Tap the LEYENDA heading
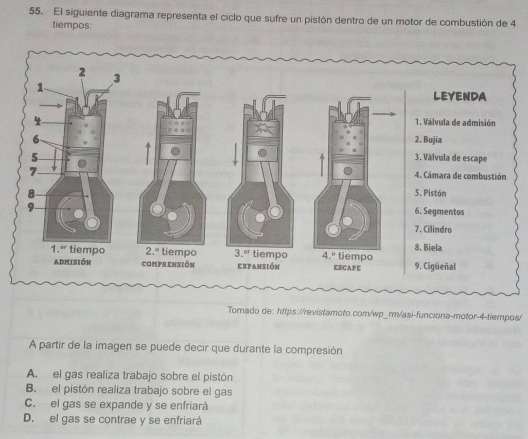[460, 97]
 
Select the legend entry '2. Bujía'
[428, 139]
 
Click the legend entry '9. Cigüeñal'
[435, 266]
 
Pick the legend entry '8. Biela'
[428, 248]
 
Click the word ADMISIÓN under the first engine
[73, 262]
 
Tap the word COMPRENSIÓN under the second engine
[168, 265]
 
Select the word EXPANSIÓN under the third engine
[258, 266]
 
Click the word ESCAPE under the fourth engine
[347, 268]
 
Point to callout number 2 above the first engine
[82, 72]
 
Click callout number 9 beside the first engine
[31, 207]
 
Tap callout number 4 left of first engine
[38, 121]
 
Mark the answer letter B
[30, 388]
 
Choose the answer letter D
[29, 418]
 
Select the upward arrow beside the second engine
[147, 153]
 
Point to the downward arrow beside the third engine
[235, 154]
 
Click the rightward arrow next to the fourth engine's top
[384, 114]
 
